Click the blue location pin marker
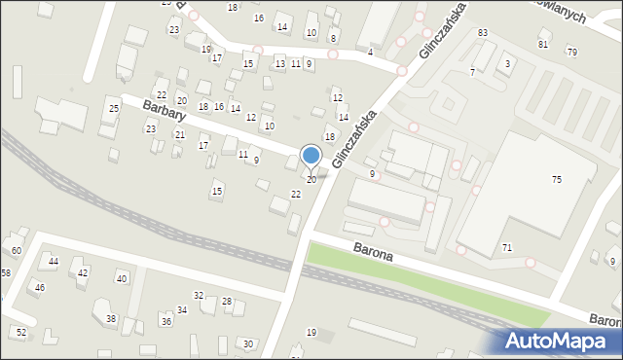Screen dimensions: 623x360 coord(311,156)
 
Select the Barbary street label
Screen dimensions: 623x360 coord(164,109)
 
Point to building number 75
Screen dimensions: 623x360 coord(556,179)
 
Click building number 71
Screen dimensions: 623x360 coord(507,248)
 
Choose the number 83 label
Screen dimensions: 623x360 coord(482,33)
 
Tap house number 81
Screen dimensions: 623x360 coord(542,44)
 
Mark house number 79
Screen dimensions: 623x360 coord(571,52)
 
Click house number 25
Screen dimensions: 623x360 coord(114,107)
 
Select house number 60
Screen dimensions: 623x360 coord(17,251)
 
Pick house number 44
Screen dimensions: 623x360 coord(54,263)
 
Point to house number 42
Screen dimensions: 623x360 coord(83,272)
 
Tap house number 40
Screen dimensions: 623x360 coord(122,279)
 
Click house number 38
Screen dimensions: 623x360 coord(111,318)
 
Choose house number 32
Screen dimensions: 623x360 coord(198,295)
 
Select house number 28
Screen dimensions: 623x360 coord(226,302)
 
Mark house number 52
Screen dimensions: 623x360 coord(21,332)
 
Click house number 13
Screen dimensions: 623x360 coord(280,64)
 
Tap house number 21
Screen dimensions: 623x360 coord(179,134)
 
